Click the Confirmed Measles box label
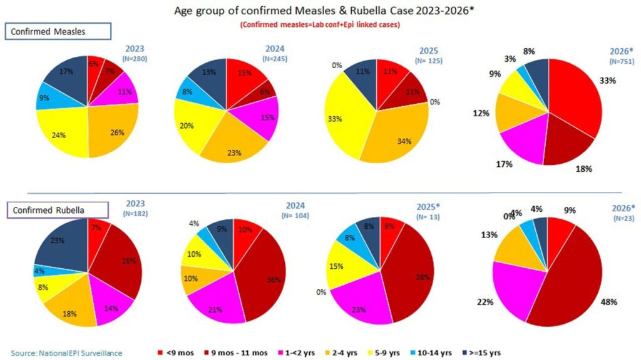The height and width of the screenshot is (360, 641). click(58, 31)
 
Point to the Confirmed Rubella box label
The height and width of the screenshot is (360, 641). click(56, 209)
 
